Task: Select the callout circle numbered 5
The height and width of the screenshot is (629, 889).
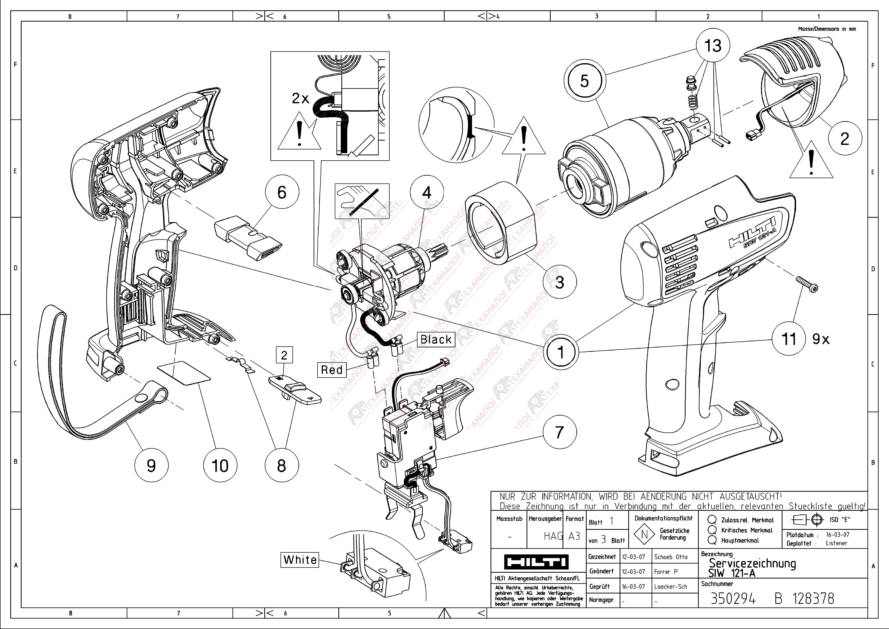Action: [x=584, y=81]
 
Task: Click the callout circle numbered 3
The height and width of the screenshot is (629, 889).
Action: [x=560, y=282]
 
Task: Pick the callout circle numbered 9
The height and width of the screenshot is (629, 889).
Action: [x=151, y=465]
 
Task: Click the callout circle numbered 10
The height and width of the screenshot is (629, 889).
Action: [x=220, y=465]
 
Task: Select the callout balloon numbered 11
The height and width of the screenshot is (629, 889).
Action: [x=789, y=339]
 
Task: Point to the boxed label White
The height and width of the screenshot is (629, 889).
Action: [x=300, y=560]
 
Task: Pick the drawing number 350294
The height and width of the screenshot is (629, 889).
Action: [x=733, y=599]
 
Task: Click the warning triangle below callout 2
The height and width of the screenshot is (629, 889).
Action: [x=811, y=163]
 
